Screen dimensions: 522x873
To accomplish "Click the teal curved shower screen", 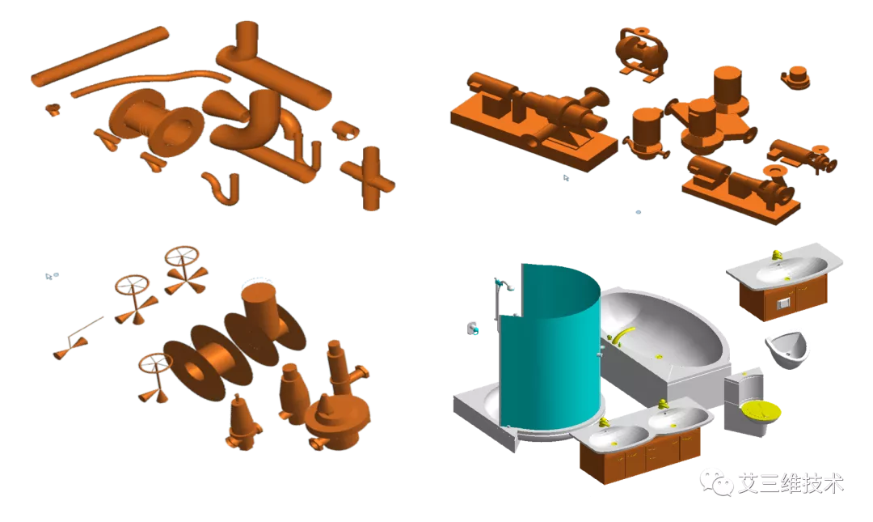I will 550,348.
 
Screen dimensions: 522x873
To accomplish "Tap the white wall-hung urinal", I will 787,349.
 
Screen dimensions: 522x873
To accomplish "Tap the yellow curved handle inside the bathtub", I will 623,333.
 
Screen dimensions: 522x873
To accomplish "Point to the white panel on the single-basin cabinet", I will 782,303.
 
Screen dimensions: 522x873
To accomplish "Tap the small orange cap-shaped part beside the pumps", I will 796,77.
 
